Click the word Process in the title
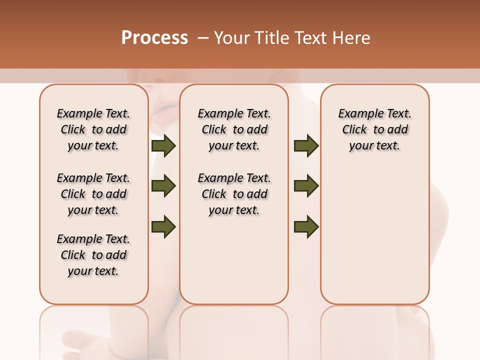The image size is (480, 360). pyautogui.click(x=154, y=38)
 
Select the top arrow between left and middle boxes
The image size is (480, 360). pyautogui.click(x=163, y=145)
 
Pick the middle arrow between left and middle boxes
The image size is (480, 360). pyautogui.click(x=163, y=186)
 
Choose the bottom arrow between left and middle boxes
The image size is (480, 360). pyautogui.click(x=163, y=226)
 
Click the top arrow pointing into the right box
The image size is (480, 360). pyautogui.click(x=306, y=145)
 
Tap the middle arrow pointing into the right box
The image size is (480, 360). pyautogui.click(x=306, y=186)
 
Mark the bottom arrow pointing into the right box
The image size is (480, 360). pyautogui.click(x=306, y=226)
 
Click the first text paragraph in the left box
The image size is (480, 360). pyautogui.click(x=93, y=129)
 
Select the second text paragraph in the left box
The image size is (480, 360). pyautogui.click(x=93, y=194)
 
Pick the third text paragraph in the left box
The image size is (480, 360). pyautogui.click(x=93, y=255)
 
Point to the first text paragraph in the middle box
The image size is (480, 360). pyautogui.click(x=234, y=129)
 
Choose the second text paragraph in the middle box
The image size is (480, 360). pyautogui.click(x=234, y=194)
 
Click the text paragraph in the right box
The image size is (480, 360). pyautogui.click(x=374, y=129)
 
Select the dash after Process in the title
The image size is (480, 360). pyautogui.click(x=202, y=38)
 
